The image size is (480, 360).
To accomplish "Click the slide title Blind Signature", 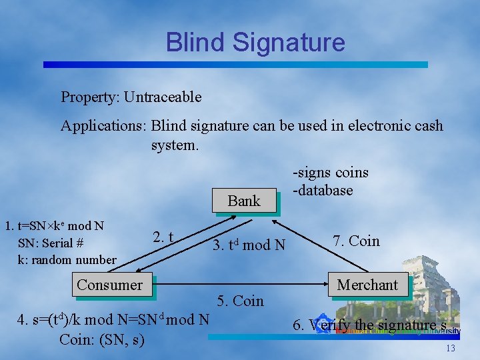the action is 255,43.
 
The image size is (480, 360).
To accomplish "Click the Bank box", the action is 244,201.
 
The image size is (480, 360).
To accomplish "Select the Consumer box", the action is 109,285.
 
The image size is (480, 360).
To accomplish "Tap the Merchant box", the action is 367,285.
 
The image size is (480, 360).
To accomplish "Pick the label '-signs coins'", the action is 331,173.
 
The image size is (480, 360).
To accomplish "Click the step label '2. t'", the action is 164,237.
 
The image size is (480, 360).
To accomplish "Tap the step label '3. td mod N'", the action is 249,245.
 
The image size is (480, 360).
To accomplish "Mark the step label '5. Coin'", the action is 240,301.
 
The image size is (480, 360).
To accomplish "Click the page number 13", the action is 451,349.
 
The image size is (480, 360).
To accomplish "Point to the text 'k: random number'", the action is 67,259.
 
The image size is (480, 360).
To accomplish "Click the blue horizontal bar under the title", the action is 235,65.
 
